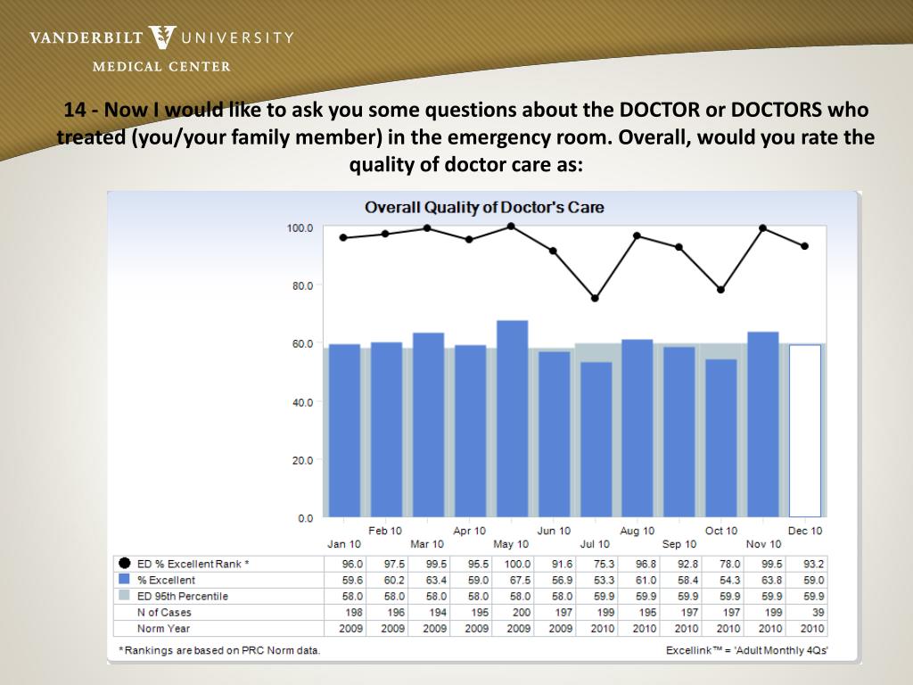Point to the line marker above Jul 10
(x=596, y=298)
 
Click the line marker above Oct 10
(x=720, y=289)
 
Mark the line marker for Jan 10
(x=344, y=237)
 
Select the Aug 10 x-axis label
(x=637, y=531)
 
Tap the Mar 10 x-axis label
(x=427, y=544)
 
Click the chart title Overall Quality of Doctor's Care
(x=484, y=208)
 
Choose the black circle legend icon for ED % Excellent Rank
(x=124, y=564)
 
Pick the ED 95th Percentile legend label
(x=182, y=596)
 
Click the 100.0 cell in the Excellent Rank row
(x=517, y=564)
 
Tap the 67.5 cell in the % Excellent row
(x=518, y=580)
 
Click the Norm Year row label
(x=163, y=628)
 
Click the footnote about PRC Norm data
(x=219, y=649)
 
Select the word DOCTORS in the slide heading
(x=777, y=111)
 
